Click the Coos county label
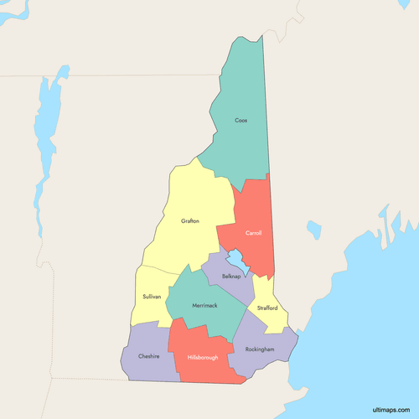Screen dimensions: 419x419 tap(241, 120)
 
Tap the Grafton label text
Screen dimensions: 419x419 tap(190, 221)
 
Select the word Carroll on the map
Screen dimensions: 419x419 tap(253, 233)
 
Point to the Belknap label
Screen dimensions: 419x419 tap(232, 276)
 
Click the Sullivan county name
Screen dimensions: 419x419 tap(151, 297)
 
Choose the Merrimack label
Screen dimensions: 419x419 tap(204, 305)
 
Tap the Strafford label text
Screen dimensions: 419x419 tap(267, 308)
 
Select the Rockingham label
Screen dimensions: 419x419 tap(259, 349)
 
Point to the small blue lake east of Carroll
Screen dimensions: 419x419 tap(314, 229)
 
